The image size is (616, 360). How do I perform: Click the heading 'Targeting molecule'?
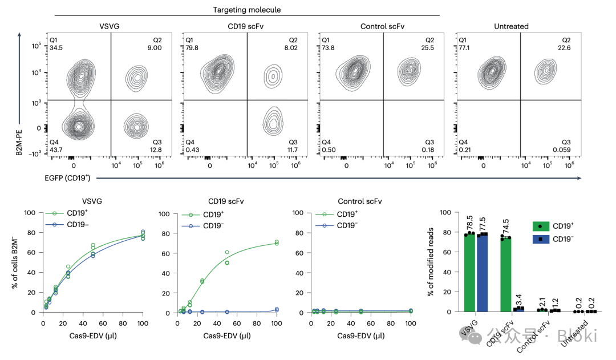tap(247, 10)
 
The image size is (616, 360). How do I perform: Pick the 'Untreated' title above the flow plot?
tap(511, 26)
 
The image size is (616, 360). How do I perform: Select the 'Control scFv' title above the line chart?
tap(360, 201)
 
